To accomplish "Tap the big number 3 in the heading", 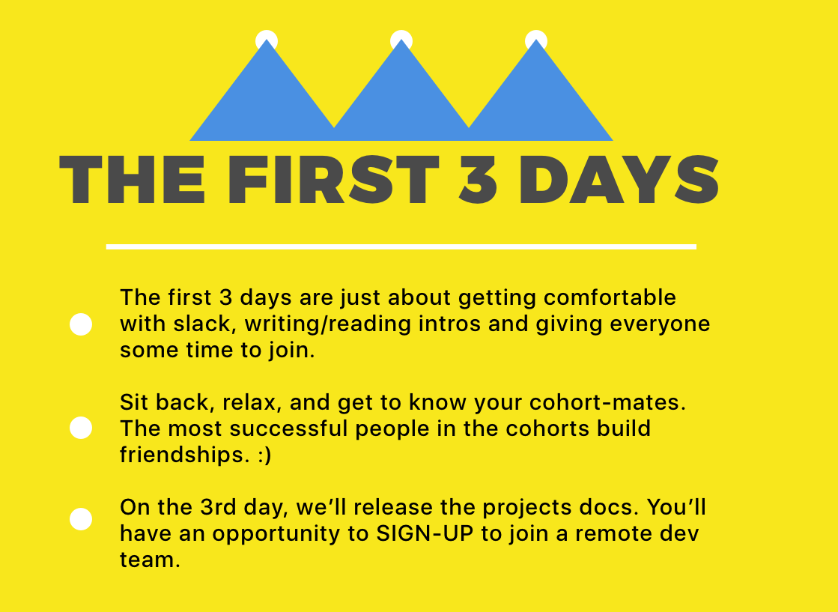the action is tap(478, 180).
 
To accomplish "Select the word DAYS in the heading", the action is tap(619, 180).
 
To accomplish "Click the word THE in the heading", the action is tap(132, 180).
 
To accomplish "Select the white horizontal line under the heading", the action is tap(401, 247).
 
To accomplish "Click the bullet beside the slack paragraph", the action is tap(81, 324).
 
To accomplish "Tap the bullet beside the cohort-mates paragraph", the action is tap(81, 428).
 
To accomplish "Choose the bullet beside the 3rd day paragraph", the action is tap(81, 519).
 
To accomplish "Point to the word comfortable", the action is tap(610, 297).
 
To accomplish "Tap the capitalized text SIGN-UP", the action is tap(425, 533).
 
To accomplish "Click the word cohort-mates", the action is tap(607, 402).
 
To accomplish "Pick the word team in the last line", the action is tap(150, 560).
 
